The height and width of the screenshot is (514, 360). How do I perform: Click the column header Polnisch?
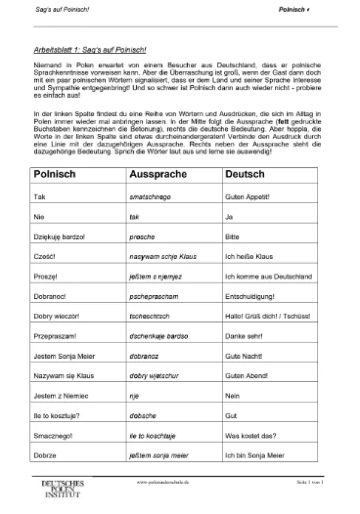(55, 174)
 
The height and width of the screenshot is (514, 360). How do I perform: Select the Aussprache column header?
(158, 174)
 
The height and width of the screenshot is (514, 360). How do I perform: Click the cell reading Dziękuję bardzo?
(60, 236)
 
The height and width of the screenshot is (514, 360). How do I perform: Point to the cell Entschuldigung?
(249, 296)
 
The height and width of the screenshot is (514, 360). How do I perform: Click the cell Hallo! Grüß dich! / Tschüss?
(267, 316)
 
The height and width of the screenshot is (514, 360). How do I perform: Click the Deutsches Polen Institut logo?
(62, 488)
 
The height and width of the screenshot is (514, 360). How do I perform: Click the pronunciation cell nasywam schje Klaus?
(163, 256)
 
